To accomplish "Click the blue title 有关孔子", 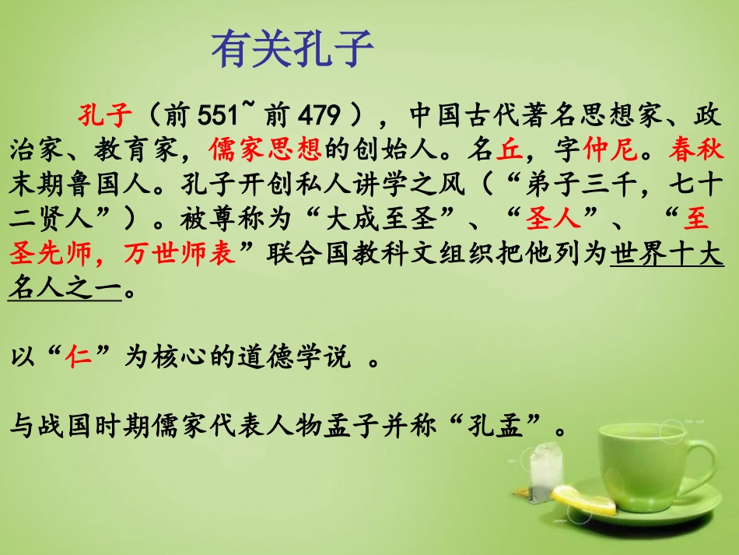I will click(293, 51).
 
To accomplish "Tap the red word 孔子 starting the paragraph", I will click(104, 117).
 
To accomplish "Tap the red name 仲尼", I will click(603, 150).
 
